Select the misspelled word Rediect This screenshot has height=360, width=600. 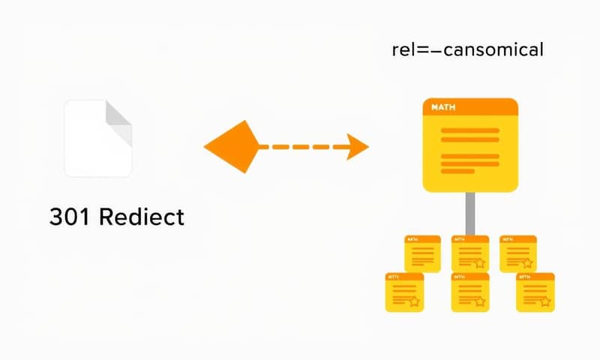click(x=141, y=217)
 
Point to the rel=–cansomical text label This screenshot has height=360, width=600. click(x=467, y=50)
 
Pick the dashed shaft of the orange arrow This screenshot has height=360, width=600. click(x=300, y=146)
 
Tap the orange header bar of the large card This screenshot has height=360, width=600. click(x=470, y=106)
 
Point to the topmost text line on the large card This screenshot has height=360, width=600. click(x=470, y=130)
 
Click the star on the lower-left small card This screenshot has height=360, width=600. click(x=413, y=301)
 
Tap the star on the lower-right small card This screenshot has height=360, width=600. click(x=545, y=301)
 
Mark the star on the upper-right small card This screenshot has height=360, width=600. click(x=527, y=263)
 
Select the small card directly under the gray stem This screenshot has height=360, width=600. click(x=470, y=253)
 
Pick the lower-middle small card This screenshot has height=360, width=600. click(x=470, y=292)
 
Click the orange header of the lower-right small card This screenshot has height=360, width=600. click(x=535, y=277)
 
